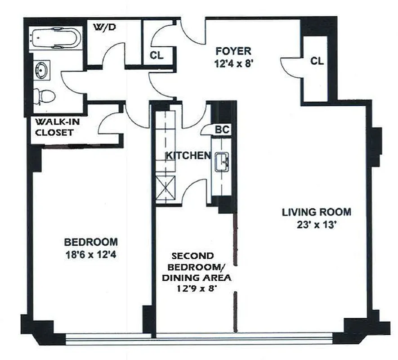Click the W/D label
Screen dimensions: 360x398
tap(104, 27)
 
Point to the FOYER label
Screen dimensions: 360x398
tap(233, 50)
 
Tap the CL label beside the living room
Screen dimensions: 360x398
tap(317, 61)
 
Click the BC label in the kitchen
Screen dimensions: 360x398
tap(222, 130)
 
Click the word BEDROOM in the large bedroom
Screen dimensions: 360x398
tap(91, 241)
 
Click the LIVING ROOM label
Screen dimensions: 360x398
tap(317, 212)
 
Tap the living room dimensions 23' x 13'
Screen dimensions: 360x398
tap(317, 225)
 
